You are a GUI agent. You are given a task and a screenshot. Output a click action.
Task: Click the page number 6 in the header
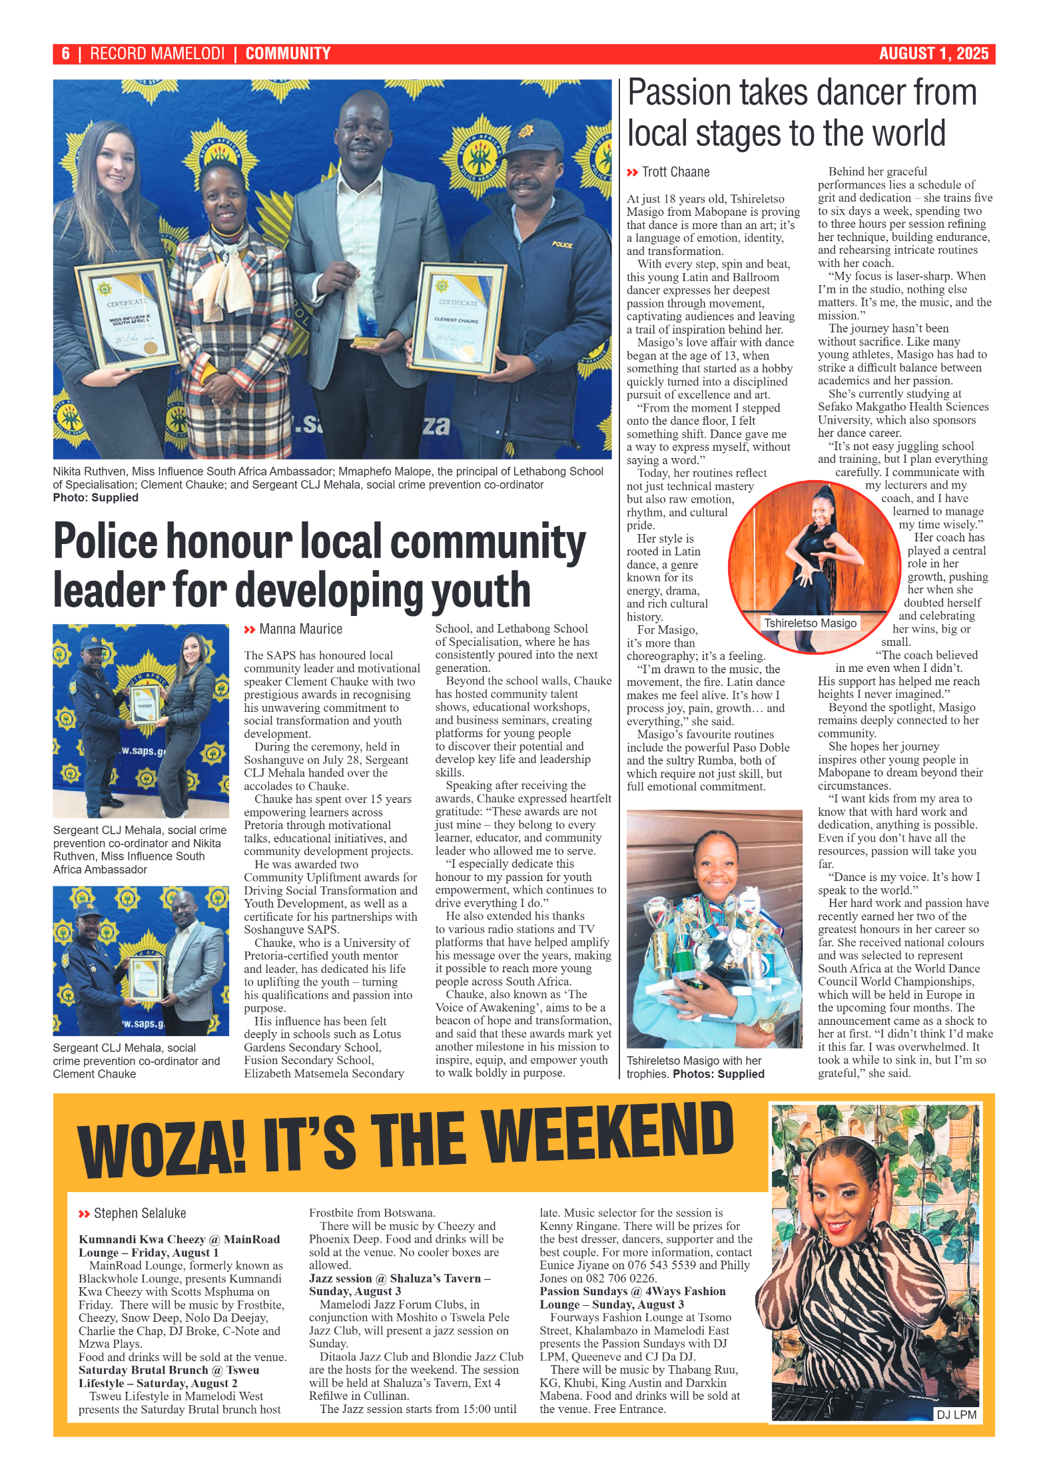pos(65,54)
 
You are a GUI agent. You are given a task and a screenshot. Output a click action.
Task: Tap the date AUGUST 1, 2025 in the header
pos(933,54)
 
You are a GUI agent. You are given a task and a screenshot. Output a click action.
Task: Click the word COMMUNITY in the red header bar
pos(288,54)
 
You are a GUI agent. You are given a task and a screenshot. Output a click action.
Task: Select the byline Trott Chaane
pos(675,172)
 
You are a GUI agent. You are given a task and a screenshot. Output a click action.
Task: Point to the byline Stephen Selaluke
pos(140,1213)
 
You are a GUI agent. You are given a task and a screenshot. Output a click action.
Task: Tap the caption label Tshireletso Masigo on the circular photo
pos(810,623)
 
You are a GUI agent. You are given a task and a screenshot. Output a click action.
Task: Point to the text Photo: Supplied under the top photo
pos(96,497)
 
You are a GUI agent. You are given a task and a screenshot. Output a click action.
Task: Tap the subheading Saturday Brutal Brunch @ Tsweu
pos(169,1370)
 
